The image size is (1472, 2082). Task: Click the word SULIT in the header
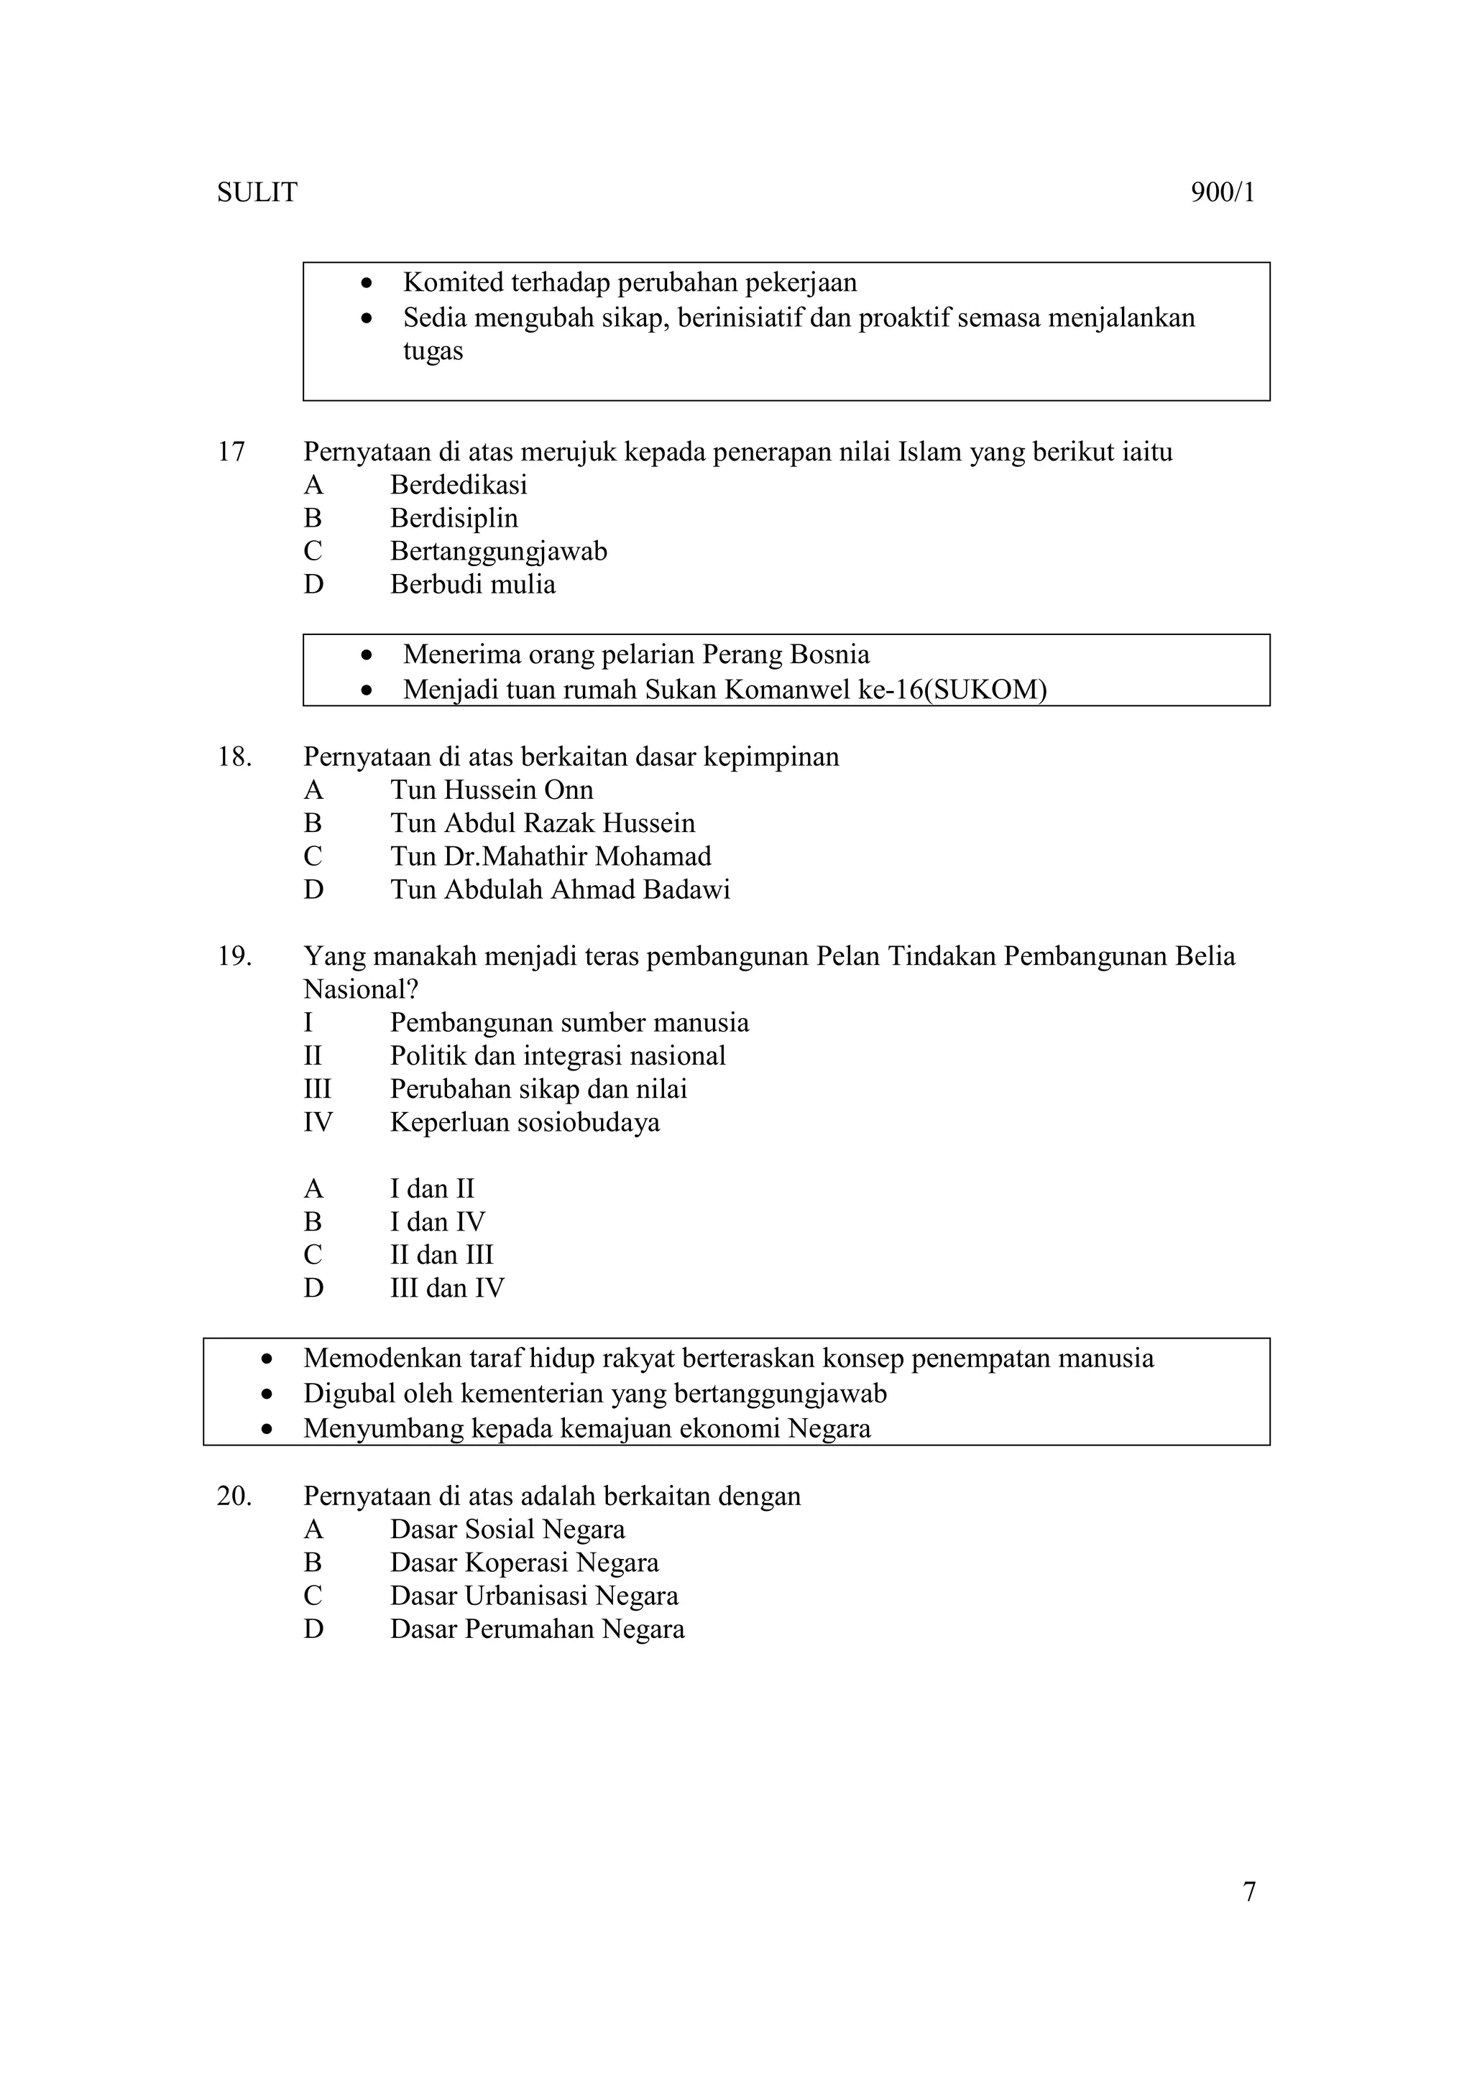pos(257,193)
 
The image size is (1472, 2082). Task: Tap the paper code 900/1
pos(1223,193)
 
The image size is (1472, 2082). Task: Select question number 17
pos(231,452)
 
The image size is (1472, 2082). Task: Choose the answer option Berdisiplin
pos(454,519)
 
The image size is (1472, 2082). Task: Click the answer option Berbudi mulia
pos(471,585)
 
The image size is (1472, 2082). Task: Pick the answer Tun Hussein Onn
pos(491,790)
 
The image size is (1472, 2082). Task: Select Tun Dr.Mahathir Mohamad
pos(550,856)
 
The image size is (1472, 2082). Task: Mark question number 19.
pos(233,956)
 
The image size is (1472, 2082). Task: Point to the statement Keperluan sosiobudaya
pos(524,1123)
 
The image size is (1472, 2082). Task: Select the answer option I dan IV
pos(437,1222)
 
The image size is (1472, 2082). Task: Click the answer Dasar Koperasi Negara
pos(523,1563)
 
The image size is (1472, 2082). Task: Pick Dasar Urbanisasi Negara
pos(533,1596)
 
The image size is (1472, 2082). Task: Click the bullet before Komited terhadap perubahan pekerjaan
pos(367,284)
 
